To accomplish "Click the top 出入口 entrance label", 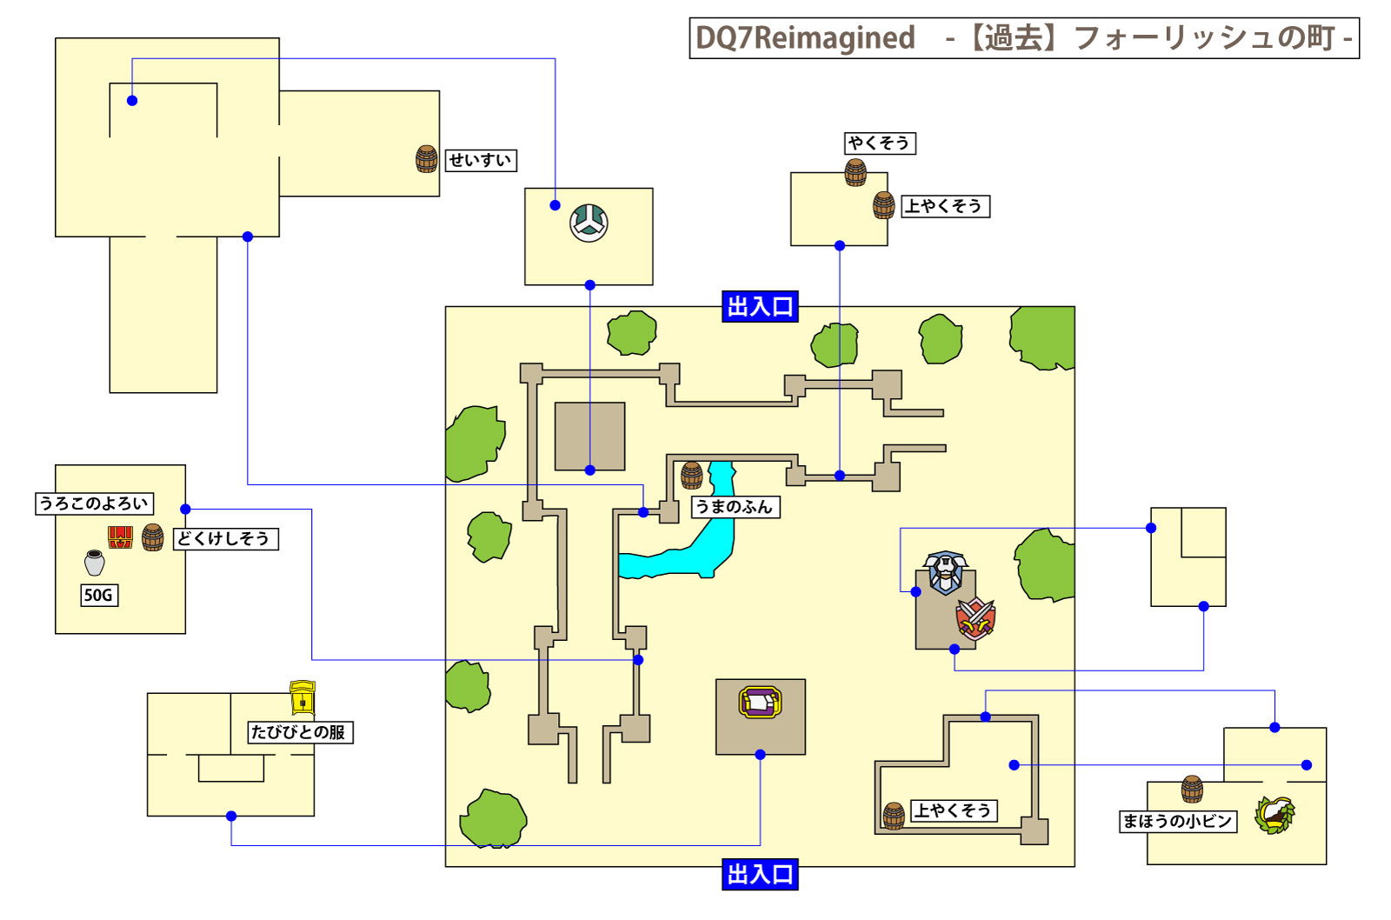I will tap(760, 306).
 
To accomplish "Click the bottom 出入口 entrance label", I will tap(760, 874).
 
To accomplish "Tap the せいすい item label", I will tap(480, 160).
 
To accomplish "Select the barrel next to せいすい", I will tap(426, 159).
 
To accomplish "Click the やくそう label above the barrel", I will tap(880, 143).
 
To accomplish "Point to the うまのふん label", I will tap(735, 507).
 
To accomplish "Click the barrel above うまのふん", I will tap(691, 475).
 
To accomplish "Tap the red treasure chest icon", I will tap(120, 537).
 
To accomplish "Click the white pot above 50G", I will tap(95, 563).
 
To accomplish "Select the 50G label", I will tap(98, 595).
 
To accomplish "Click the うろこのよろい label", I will tap(94, 503).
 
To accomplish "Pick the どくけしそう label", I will tap(225, 538).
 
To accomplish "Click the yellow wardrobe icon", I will tap(302, 699).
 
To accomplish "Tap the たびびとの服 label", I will tap(299, 732).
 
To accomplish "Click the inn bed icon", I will tap(760, 702).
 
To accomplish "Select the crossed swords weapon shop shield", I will tap(975, 618).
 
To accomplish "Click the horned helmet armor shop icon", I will tap(945, 571).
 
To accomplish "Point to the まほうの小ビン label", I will tap(1178, 821).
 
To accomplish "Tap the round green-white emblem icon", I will tap(589, 223).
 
